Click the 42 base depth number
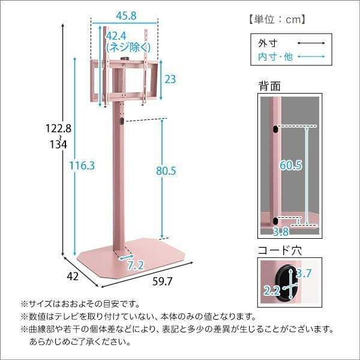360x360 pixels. pos(73,276)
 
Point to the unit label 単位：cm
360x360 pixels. pos(278,19)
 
